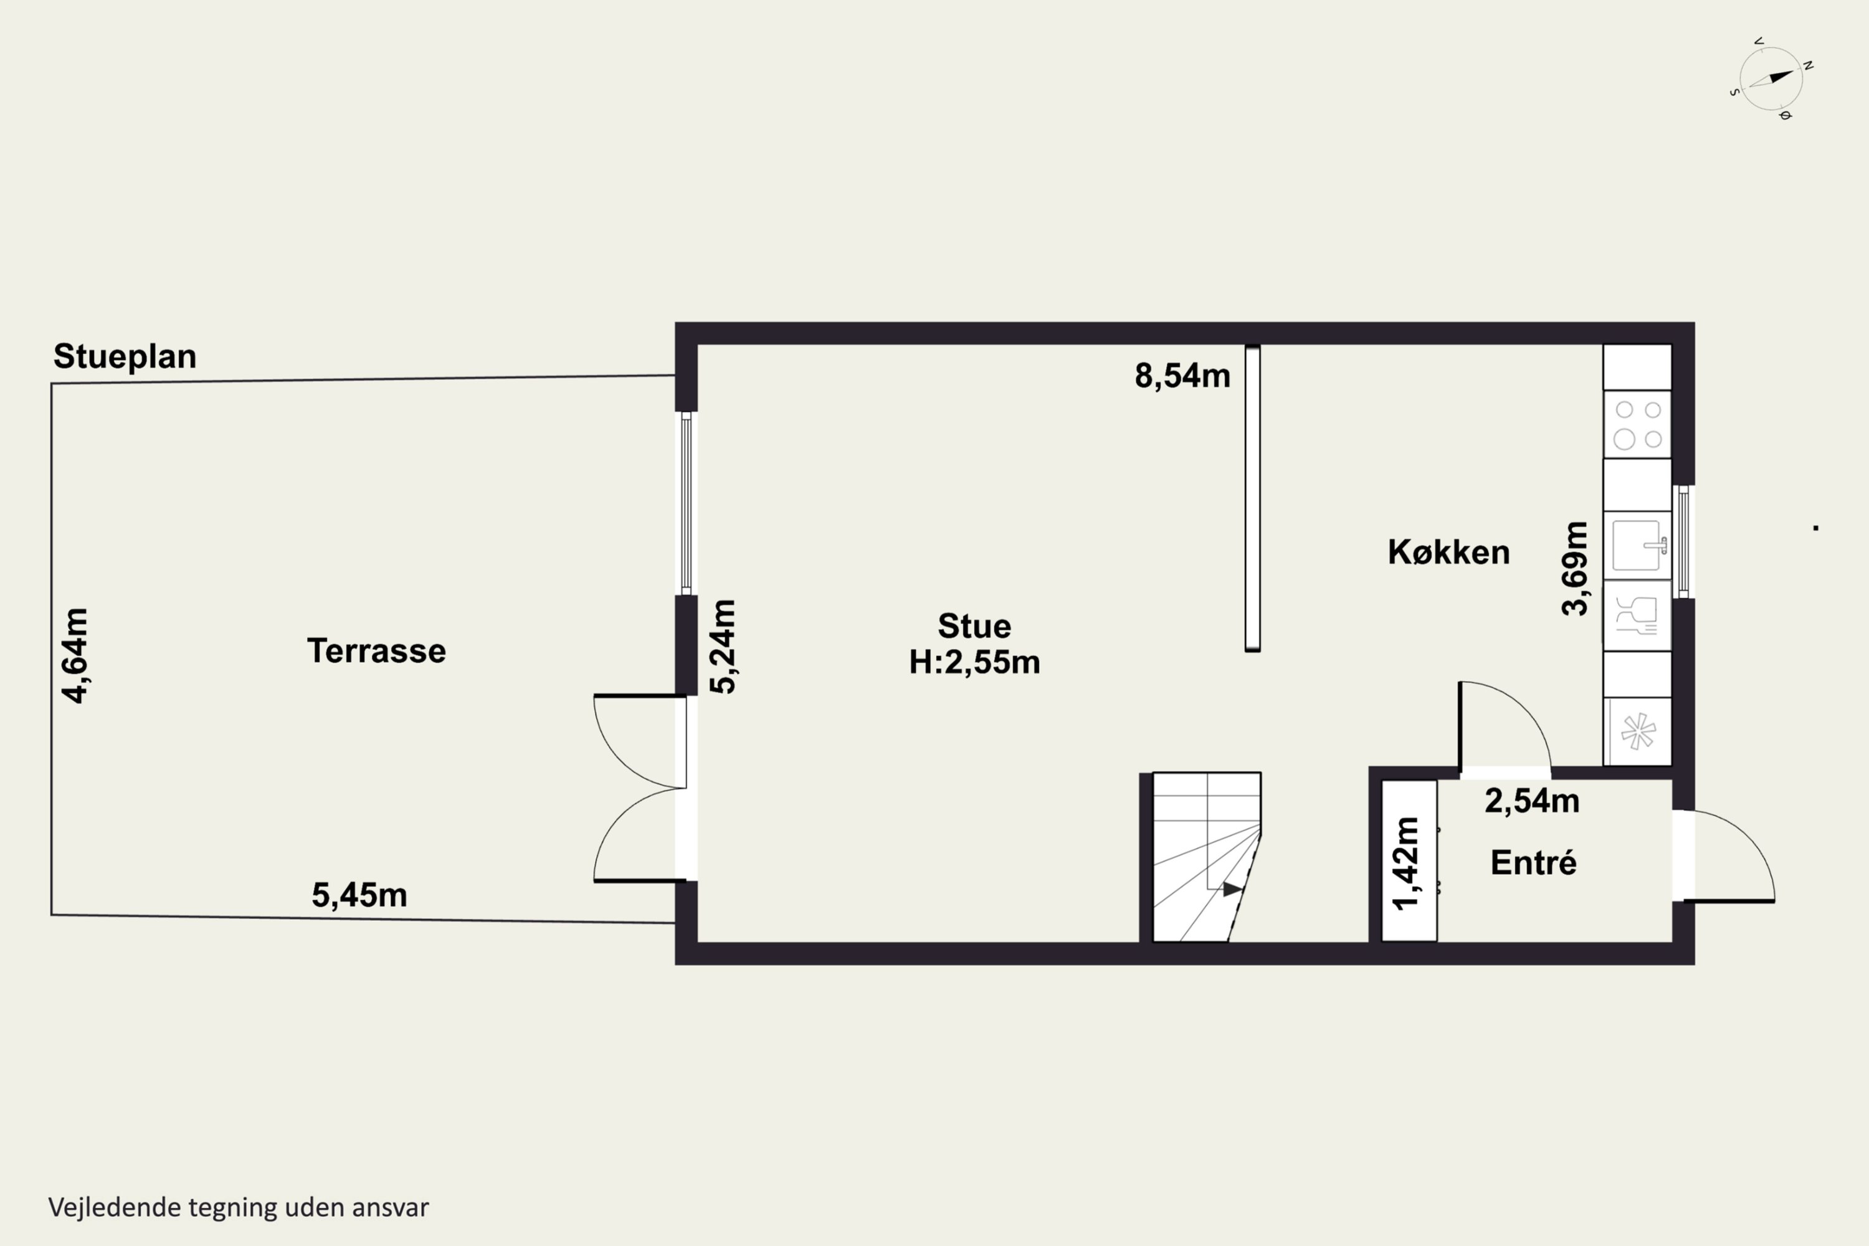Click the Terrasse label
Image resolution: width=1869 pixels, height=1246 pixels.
pos(377,651)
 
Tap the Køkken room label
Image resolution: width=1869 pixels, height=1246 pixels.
pos(1448,552)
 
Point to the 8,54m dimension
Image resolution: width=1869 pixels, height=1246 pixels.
pos(1182,376)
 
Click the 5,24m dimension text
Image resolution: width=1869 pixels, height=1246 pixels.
pos(723,647)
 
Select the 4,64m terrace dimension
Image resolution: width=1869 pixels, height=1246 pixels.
pos(75,655)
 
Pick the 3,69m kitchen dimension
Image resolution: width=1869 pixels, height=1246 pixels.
pos(1575,569)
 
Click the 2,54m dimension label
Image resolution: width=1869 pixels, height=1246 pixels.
pos(1532,800)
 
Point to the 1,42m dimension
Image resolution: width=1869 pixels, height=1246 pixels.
pos(1405,863)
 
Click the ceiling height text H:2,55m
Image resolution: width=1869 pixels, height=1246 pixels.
pos(974,662)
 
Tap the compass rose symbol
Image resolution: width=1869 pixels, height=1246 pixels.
pos(1771,78)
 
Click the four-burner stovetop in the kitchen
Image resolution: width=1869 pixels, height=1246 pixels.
pos(1638,424)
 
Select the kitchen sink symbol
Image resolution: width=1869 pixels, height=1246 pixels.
pos(1638,546)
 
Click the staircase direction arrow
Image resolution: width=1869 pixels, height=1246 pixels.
pos(1232,889)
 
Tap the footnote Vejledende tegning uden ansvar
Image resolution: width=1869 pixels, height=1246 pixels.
pos(239,1207)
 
